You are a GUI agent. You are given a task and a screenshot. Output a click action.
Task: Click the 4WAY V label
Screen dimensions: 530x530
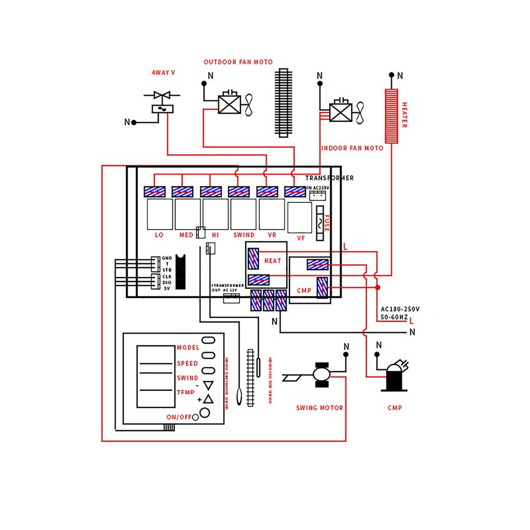coord(163,73)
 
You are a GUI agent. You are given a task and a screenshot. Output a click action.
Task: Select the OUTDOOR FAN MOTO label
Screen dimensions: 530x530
coord(238,62)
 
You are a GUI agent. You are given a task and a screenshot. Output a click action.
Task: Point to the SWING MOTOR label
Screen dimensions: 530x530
coord(319,408)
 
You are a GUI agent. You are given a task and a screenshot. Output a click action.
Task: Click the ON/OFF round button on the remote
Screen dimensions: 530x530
coord(204,413)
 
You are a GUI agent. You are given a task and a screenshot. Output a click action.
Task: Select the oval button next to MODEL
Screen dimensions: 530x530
coord(208,340)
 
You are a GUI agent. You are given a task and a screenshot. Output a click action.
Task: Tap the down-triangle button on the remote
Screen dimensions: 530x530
coord(208,385)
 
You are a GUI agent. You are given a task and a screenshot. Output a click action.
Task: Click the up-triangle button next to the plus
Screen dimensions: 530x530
coord(208,399)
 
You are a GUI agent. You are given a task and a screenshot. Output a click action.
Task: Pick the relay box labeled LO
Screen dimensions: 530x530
coord(159,214)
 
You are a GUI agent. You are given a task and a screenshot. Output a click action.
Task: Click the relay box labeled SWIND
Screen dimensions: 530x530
coord(243,214)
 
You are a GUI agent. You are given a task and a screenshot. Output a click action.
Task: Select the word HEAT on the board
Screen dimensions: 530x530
coord(273,261)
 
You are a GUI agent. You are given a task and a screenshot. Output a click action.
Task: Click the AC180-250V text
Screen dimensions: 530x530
coord(400,308)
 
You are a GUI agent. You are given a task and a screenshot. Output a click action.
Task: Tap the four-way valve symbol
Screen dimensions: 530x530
coord(162,101)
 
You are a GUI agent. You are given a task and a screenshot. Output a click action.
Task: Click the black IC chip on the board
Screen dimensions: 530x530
coord(181,272)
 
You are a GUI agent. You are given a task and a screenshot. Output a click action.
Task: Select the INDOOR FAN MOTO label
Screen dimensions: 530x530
coord(352,148)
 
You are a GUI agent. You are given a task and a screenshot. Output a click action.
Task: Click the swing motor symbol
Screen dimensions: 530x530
coord(321,373)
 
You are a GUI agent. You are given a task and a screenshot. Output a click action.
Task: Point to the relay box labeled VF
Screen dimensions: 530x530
coord(300,217)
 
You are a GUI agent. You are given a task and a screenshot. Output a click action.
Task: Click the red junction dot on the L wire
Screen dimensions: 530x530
coord(378,287)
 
